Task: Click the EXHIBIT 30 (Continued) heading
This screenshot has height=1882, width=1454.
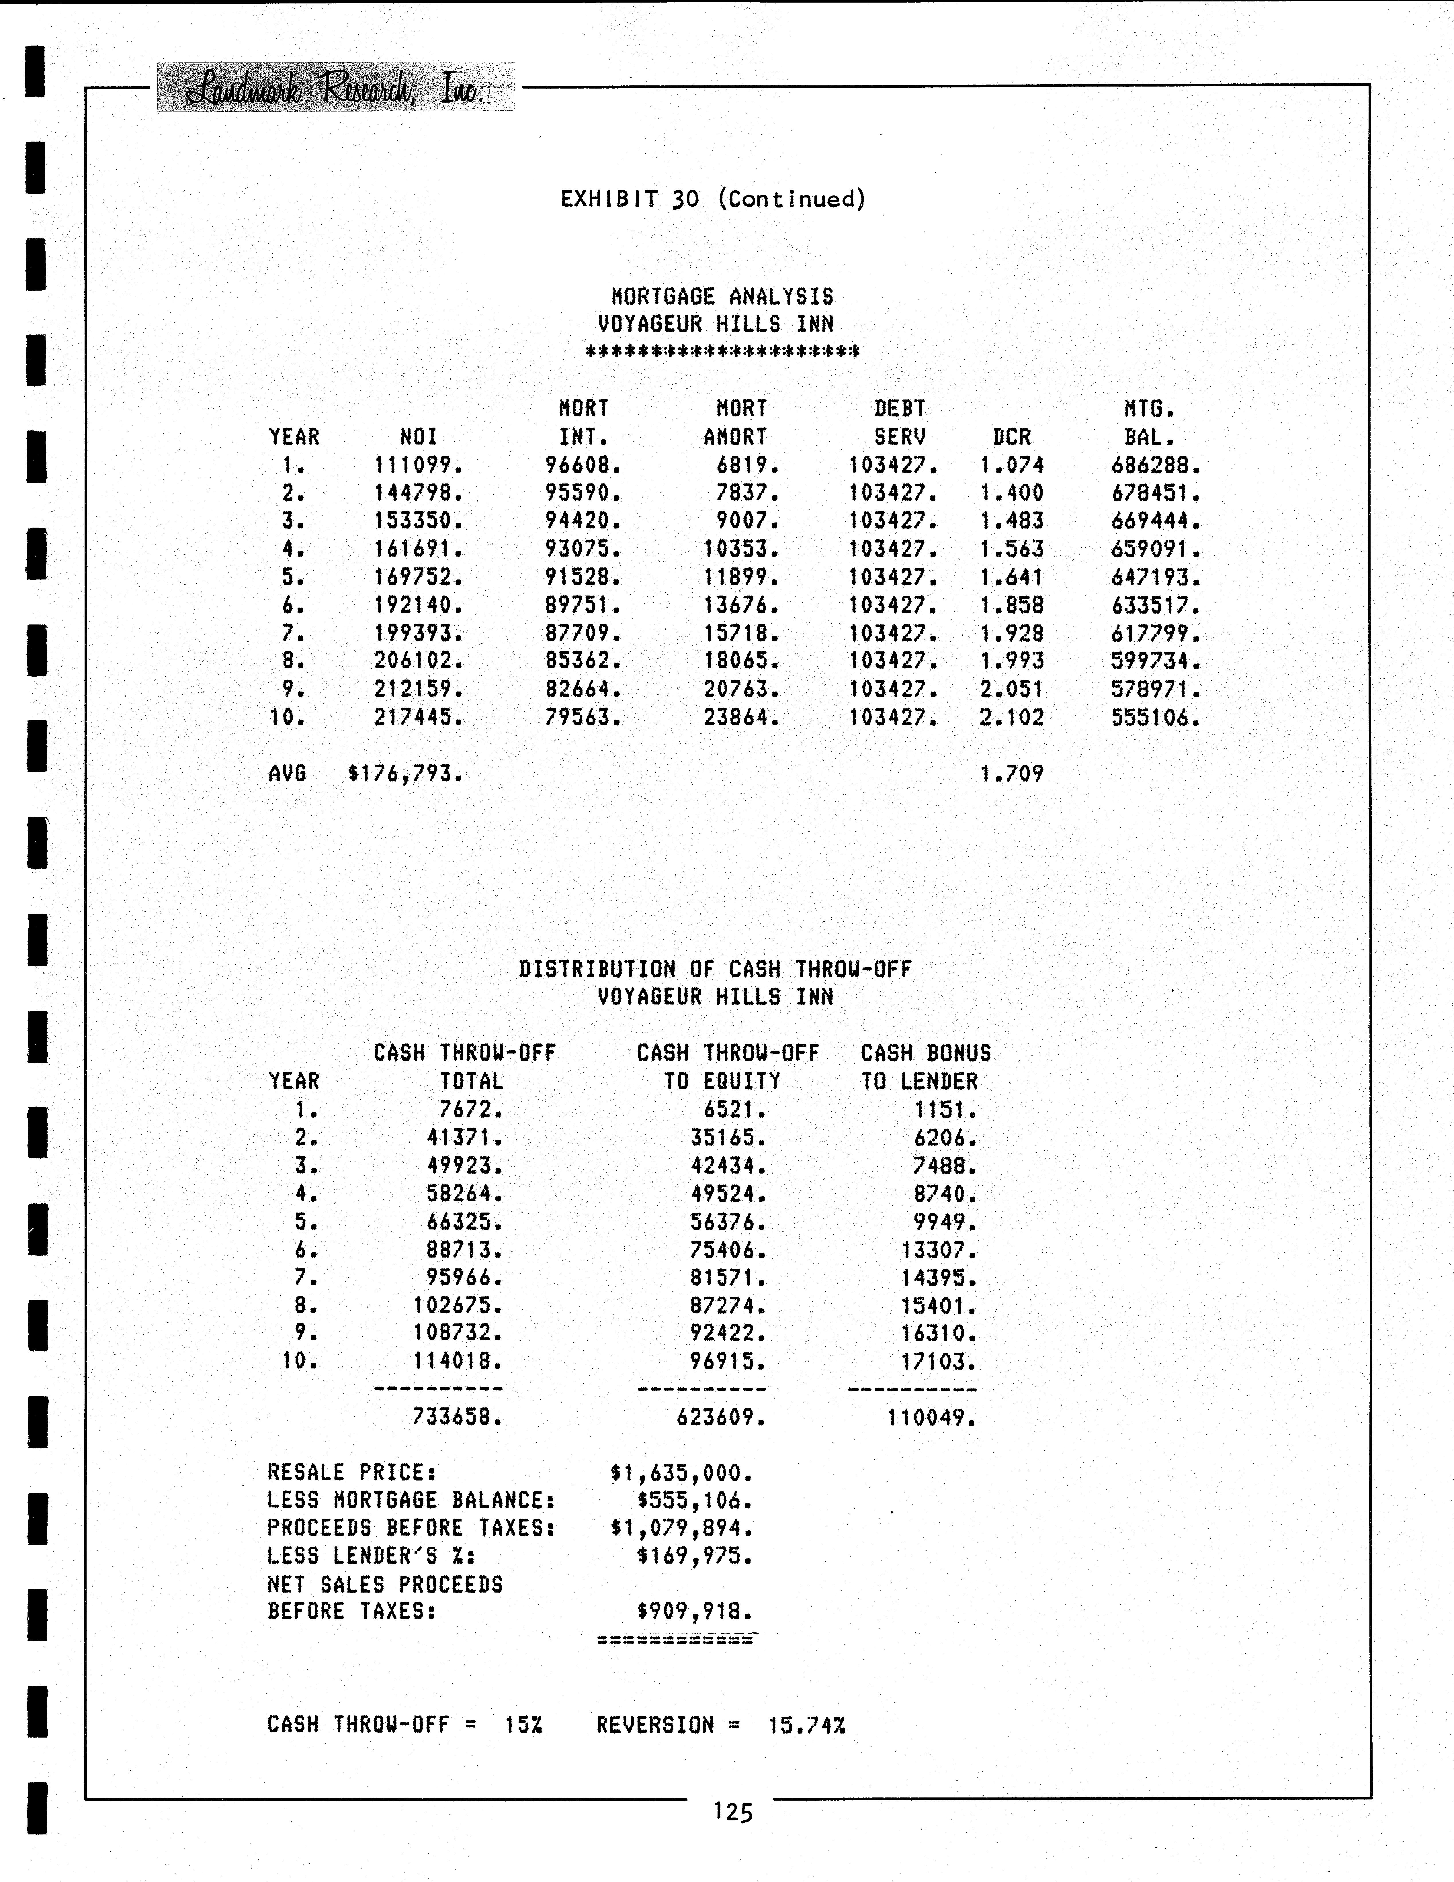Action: pyautogui.click(x=713, y=199)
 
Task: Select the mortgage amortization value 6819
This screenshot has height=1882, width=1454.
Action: pyautogui.click(x=747, y=465)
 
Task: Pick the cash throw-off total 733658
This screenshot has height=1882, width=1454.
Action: pyautogui.click(x=457, y=1417)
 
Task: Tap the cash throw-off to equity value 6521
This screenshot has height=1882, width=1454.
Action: pyautogui.click(x=734, y=1110)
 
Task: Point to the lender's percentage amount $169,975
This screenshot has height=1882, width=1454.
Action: pyautogui.click(x=695, y=1556)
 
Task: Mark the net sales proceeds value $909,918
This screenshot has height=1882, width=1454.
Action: pyautogui.click(x=695, y=1611)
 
